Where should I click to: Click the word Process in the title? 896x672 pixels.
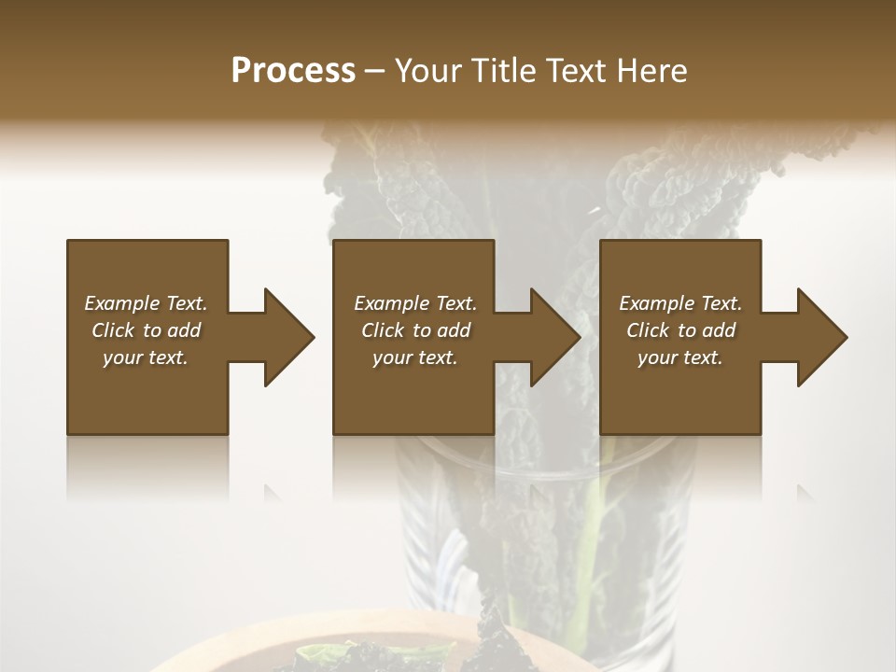click(x=293, y=71)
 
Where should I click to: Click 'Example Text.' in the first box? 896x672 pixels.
click(x=146, y=303)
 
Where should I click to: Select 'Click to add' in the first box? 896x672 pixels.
click(x=146, y=330)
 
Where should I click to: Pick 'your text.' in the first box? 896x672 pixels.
click(x=146, y=357)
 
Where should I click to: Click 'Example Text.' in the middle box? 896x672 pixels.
click(x=415, y=303)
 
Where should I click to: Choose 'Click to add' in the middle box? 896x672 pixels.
click(x=415, y=330)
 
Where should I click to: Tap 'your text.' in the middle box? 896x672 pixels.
click(x=415, y=357)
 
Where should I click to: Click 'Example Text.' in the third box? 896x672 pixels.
click(x=680, y=303)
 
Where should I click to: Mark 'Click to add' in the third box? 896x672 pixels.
click(x=680, y=330)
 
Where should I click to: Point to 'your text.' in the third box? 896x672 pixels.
click(x=680, y=357)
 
